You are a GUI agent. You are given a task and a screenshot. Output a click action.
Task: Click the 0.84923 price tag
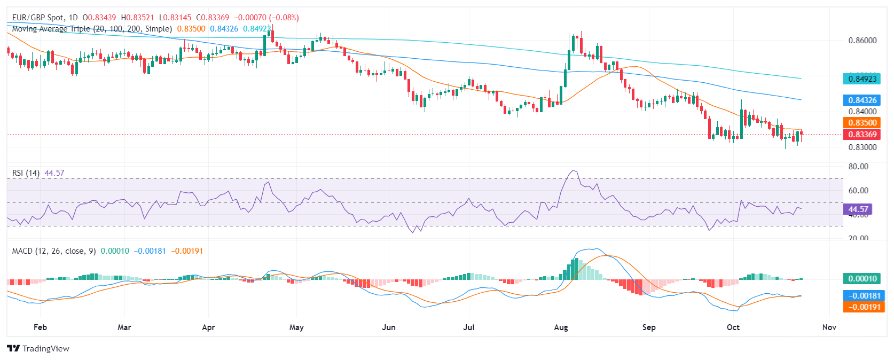[x=862, y=79]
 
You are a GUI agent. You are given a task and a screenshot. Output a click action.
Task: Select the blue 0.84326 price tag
[x=862, y=100]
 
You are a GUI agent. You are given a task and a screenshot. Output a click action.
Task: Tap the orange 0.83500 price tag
[x=862, y=123]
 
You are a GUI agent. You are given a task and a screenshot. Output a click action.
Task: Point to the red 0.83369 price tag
[x=862, y=135]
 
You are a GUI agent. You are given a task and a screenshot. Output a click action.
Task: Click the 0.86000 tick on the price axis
[x=862, y=41]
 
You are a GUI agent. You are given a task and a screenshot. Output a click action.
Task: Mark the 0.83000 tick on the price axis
[x=862, y=147]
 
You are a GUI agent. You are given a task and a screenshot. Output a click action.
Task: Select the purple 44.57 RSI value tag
[x=858, y=209]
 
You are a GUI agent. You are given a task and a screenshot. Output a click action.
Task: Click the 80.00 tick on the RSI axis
[x=858, y=167]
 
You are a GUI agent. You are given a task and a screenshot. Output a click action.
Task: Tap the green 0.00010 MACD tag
[x=862, y=279]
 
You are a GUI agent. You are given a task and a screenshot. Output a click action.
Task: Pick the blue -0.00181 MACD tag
[x=862, y=296]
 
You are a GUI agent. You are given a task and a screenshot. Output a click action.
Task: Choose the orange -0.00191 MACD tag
[x=862, y=307]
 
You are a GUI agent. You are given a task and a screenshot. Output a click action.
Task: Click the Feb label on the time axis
[x=40, y=327]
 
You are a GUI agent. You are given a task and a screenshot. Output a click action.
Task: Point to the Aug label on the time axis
[x=561, y=327]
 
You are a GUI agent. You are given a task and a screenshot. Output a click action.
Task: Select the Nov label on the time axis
[x=829, y=327]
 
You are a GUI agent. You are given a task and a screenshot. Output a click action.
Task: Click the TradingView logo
[x=38, y=349]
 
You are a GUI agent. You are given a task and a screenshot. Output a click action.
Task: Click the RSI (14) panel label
[x=26, y=173]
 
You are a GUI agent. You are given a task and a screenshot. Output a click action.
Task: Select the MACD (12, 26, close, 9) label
[x=54, y=251]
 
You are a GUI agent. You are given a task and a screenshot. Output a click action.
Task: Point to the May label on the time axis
[x=296, y=327]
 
